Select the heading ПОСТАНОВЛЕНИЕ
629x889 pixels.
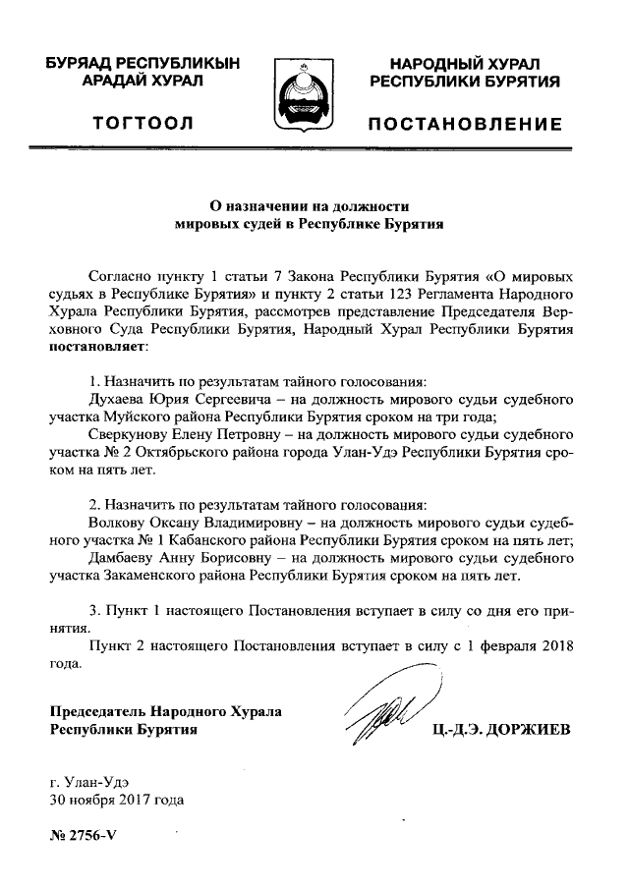[x=465, y=124]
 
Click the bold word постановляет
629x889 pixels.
[x=96, y=347]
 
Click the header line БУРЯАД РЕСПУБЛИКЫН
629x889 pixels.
[x=143, y=63]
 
